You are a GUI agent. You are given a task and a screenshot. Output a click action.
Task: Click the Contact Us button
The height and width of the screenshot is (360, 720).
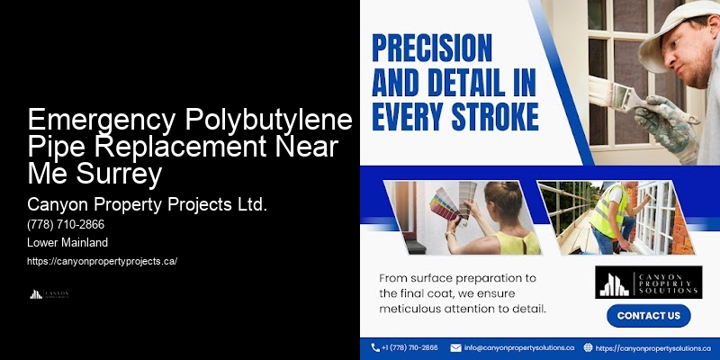(648, 316)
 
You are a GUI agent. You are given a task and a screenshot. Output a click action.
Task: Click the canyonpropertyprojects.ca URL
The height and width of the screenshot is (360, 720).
(103, 261)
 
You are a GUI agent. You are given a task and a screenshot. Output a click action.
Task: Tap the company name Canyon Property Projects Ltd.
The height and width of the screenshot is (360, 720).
(148, 204)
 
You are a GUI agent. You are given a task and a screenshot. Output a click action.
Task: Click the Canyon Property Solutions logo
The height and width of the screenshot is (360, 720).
(648, 283)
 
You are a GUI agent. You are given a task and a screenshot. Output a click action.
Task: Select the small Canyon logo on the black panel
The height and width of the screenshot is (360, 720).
(49, 293)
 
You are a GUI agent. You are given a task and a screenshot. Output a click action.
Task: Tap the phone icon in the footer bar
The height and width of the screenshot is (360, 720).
(375, 347)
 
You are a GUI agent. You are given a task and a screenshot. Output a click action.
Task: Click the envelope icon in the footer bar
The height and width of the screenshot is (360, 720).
(455, 347)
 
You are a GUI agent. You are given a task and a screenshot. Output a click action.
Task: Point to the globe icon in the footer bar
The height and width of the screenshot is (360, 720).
(589, 347)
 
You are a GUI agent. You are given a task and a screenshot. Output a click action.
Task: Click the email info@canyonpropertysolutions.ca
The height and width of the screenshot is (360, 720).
(519, 347)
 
